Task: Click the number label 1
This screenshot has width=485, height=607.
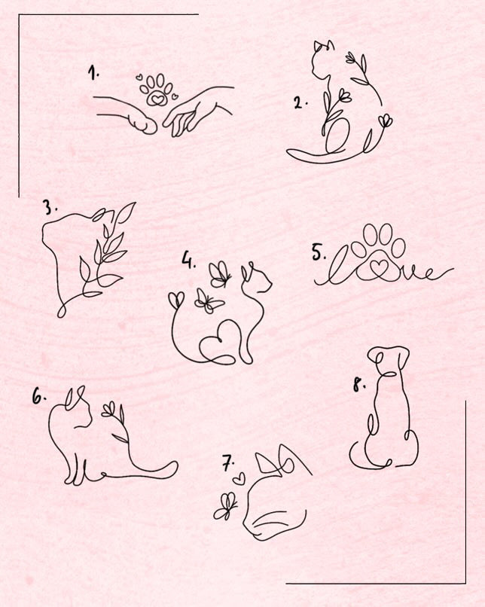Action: [x=93, y=73]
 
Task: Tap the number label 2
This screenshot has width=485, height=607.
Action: [x=300, y=103]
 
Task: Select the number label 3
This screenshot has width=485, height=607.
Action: [x=50, y=208]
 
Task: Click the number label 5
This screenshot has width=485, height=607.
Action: [x=319, y=253]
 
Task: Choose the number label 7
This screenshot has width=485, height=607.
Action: [x=229, y=463]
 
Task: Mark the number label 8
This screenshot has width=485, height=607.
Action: [x=359, y=385]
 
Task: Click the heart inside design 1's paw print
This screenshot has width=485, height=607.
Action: [x=157, y=99]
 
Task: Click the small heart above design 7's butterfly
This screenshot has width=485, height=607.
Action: [x=239, y=479]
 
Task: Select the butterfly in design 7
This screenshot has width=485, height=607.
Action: [x=225, y=506]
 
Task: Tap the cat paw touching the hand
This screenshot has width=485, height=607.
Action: [x=142, y=123]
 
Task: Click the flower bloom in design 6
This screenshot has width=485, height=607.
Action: [x=108, y=410]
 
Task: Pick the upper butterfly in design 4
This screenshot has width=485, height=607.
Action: [x=219, y=274]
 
